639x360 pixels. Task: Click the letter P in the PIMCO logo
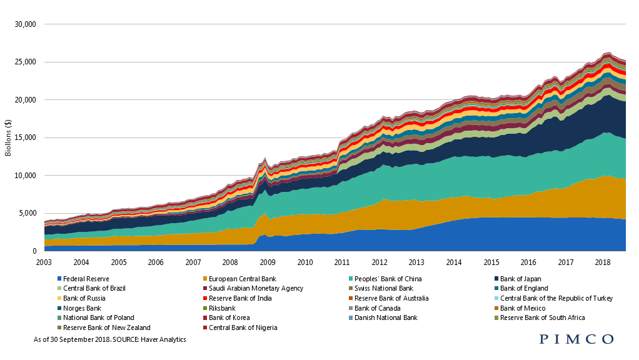click(x=544, y=339)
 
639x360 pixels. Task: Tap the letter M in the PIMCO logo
click(x=575, y=339)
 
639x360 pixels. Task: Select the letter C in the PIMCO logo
click(x=591, y=339)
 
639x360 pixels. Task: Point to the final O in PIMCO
click(x=608, y=339)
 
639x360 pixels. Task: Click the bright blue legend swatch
click(x=59, y=278)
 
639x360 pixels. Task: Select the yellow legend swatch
click(x=59, y=298)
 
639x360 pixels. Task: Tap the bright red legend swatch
click(x=205, y=298)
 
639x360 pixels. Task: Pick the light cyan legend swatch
click(x=496, y=298)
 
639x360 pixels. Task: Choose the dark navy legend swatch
click(x=496, y=278)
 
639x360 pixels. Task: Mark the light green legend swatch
click(x=59, y=288)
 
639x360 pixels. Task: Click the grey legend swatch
click(x=351, y=308)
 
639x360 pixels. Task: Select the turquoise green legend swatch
click(x=351, y=278)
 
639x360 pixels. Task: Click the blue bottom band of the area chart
click(x=500, y=234)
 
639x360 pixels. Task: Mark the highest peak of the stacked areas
click(x=607, y=53)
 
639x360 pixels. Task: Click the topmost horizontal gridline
click(x=335, y=24)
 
